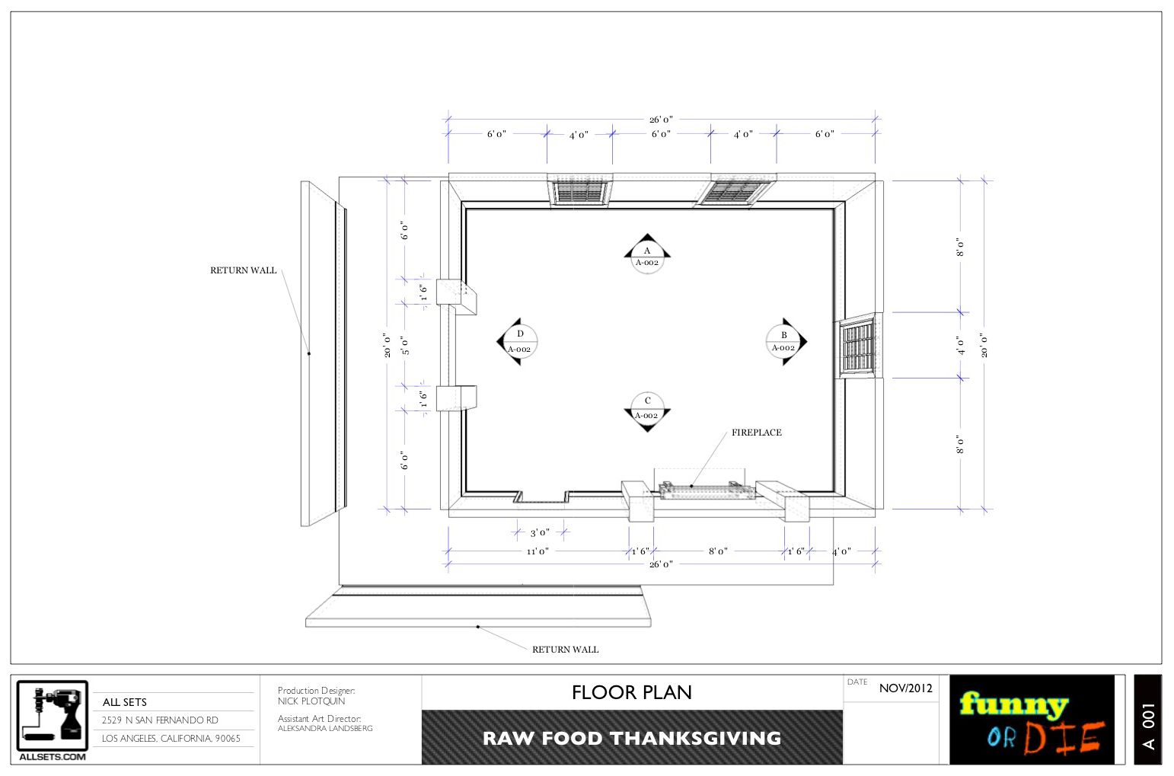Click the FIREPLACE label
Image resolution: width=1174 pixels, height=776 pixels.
click(756, 433)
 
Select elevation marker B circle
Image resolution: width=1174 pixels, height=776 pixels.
click(783, 341)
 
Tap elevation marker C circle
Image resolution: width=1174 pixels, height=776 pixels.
click(647, 408)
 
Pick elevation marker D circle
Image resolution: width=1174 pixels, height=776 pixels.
click(520, 341)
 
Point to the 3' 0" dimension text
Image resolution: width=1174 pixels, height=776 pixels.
click(540, 533)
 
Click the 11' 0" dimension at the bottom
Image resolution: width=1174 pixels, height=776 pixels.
click(538, 551)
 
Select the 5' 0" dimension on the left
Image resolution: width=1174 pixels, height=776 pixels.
click(406, 346)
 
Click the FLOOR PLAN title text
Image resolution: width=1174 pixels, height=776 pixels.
click(632, 692)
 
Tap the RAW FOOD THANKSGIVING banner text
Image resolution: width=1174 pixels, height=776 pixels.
click(632, 738)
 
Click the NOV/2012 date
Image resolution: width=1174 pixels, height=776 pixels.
click(905, 688)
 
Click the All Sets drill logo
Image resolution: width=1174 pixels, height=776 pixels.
click(53, 717)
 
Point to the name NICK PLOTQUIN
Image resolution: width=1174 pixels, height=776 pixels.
click(311, 701)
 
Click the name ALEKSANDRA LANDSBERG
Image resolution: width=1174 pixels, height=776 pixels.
click(325, 729)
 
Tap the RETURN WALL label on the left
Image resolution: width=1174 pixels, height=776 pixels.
click(244, 270)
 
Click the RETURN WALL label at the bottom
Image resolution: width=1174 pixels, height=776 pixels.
click(565, 650)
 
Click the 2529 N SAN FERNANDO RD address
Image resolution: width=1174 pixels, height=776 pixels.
click(161, 720)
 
